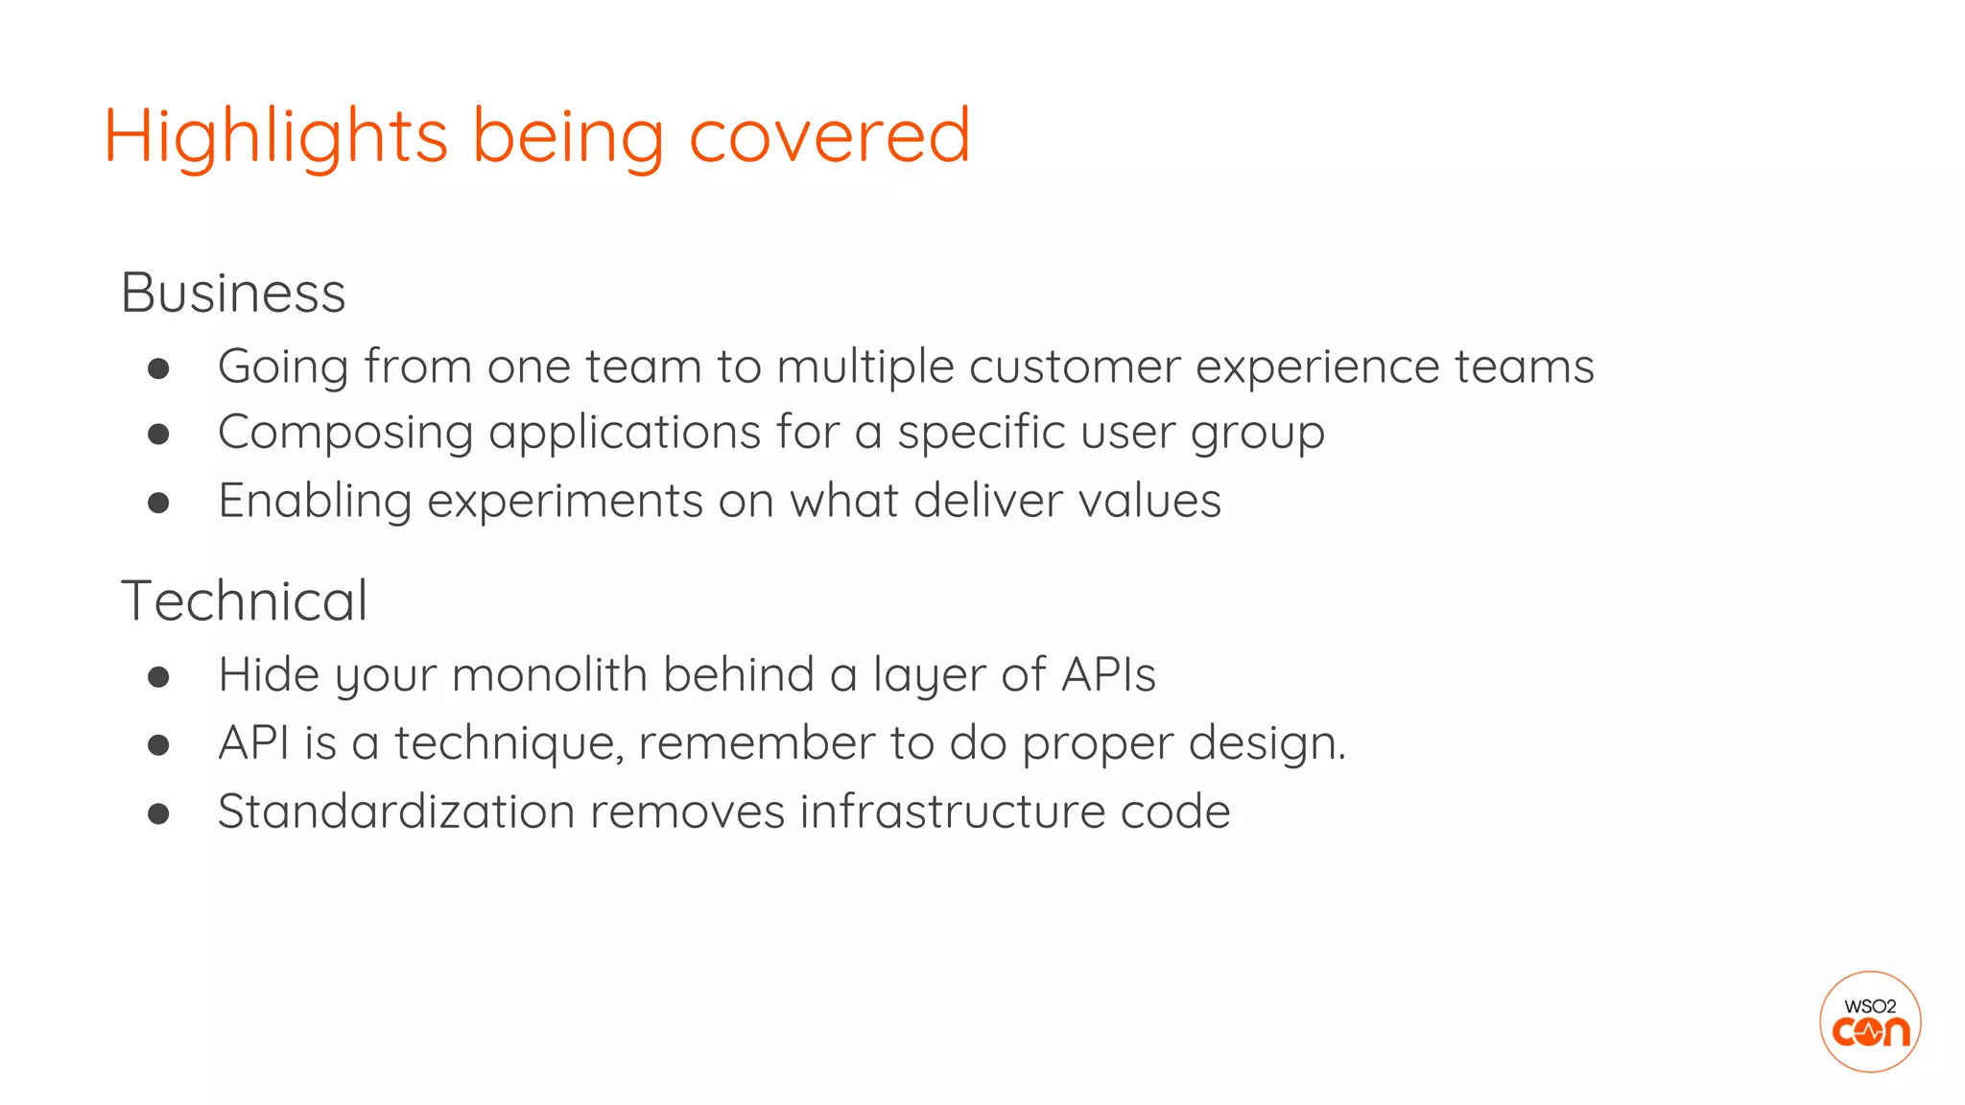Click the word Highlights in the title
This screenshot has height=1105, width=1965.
coord(275,137)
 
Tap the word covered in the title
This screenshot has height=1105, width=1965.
coord(830,137)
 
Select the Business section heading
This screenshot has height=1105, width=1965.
coord(233,293)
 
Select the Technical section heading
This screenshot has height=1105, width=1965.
coord(244,601)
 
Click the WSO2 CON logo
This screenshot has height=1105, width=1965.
coord(1869,1022)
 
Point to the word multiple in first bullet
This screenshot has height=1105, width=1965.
coord(865,368)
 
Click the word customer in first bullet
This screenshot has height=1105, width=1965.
coord(1074,367)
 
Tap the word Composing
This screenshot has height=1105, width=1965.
coord(345,434)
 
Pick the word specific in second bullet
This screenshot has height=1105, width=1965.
coord(981,434)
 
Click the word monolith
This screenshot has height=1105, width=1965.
coord(550,674)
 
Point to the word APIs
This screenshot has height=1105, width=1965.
coord(1108,674)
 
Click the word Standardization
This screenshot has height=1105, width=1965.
coord(396,811)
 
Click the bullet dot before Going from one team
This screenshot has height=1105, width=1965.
coord(159,369)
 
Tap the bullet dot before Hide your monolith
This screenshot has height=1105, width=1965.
coord(159,677)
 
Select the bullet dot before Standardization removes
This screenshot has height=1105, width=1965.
coord(159,814)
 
